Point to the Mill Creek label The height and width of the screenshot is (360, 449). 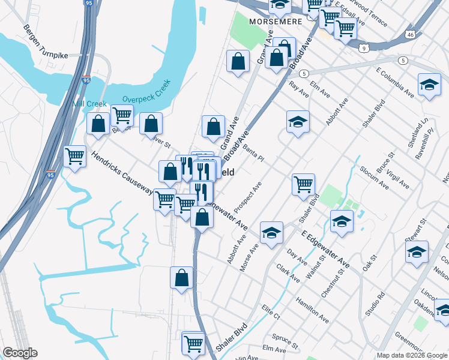89,104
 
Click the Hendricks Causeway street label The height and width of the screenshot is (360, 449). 122,172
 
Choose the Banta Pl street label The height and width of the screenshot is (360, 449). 253,152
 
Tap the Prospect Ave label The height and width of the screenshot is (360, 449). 248,197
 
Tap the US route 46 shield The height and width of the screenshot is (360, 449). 409,35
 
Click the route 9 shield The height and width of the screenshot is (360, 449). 364,47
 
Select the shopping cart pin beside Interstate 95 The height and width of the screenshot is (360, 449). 74,157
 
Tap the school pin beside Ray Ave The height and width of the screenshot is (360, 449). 298,122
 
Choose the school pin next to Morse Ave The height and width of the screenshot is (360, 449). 271,233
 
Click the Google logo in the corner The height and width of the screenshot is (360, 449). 19,353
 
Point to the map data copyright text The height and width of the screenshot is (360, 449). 412,355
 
